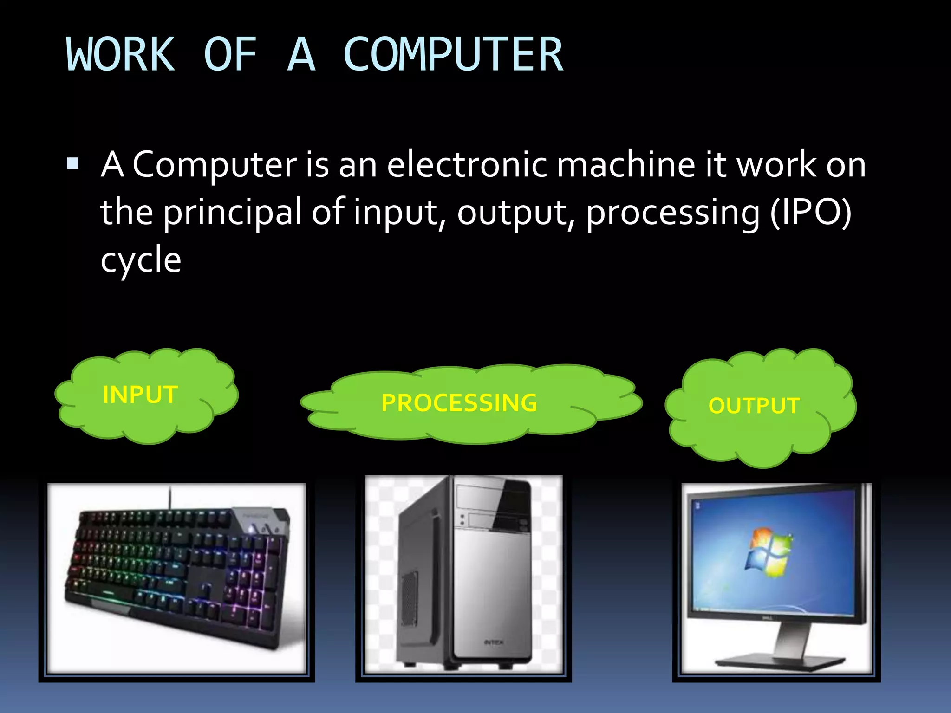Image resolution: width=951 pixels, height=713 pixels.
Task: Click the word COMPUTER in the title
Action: [453, 55]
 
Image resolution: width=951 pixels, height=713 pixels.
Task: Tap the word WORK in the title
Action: [121, 55]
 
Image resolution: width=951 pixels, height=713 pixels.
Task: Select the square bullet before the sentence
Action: [73, 163]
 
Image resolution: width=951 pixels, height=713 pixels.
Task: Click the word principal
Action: [233, 213]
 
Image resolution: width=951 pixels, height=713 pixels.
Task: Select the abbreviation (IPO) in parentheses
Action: [811, 213]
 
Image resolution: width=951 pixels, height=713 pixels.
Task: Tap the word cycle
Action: [141, 260]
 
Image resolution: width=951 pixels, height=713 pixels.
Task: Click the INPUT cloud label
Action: [140, 395]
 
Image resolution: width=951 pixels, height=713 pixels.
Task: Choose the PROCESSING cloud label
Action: [459, 402]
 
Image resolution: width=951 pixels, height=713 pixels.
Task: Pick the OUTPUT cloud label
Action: [754, 406]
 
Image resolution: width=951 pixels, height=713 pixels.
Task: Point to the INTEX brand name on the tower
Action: [493, 642]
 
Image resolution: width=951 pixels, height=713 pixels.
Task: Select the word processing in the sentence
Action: [673, 213]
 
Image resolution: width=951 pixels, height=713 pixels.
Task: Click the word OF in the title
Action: [230, 55]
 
